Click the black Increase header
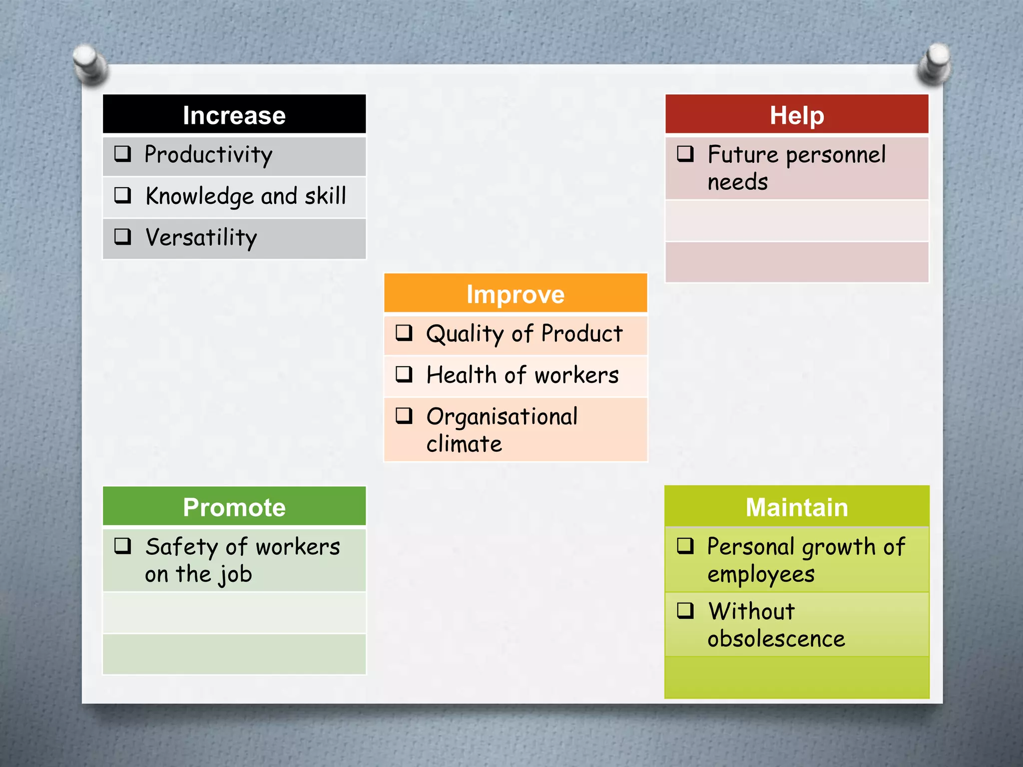(234, 115)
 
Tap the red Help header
(796, 115)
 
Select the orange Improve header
(515, 294)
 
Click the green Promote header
(234, 507)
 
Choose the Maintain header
(796, 507)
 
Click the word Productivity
(208, 155)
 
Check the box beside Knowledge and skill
(123, 195)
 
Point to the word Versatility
(201, 238)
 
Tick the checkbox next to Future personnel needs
(685, 153)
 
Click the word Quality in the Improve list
(465, 334)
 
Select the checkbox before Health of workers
(404, 374)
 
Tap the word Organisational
(502, 417)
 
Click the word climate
(464, 444)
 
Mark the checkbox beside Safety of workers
(123, 546)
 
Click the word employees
(760, 575)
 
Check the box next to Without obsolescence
(685, 610)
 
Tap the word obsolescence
(776, 639)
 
